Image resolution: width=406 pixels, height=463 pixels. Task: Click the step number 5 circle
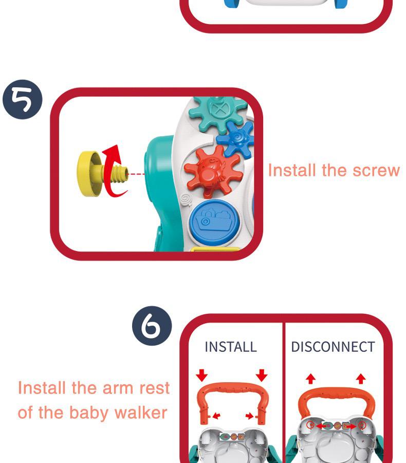point(23,99)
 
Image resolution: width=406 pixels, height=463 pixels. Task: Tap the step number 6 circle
point(152,326)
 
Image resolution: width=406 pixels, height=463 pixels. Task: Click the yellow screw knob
point(102,174)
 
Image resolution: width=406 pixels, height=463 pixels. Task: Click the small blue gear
point(236,138)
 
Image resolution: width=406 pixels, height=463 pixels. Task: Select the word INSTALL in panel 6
point(231,347)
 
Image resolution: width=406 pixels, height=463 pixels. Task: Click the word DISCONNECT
point(333,347)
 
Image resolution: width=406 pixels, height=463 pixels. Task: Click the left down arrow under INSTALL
point(202,375)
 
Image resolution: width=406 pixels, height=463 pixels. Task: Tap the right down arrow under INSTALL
point(262,375)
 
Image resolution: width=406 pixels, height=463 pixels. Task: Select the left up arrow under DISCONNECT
point(310,379)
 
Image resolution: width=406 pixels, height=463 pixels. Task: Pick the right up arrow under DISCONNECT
point(361,379)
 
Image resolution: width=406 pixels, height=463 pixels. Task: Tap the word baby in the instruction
point(88,413)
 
